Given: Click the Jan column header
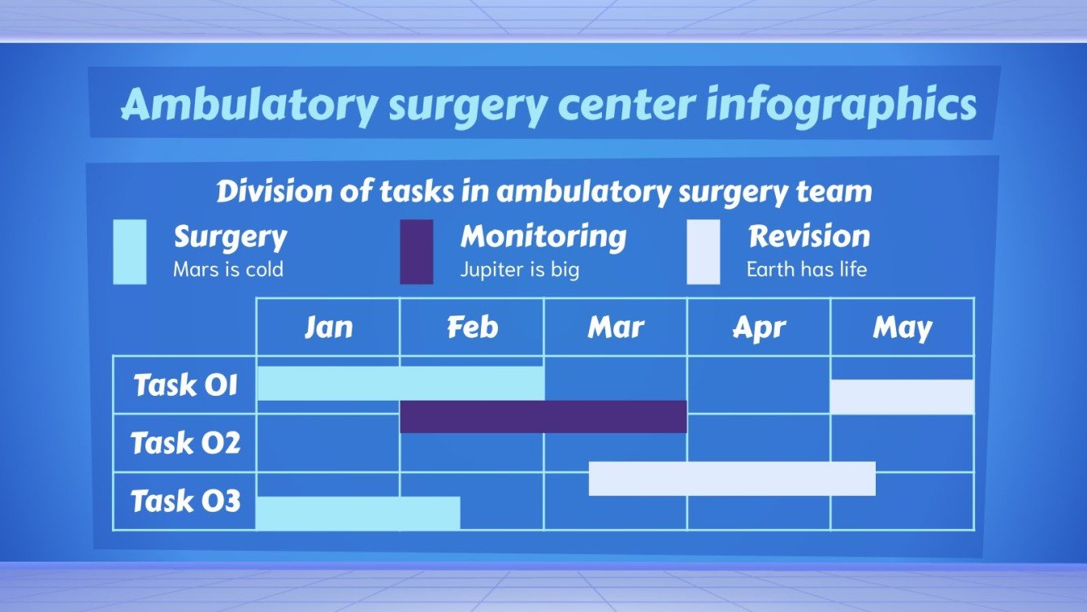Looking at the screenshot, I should [x=328, y=327].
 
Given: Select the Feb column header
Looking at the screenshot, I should [x=472, y=327].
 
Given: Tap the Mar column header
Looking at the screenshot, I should [x=616, y=327].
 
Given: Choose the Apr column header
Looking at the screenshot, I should [x=759, y=327].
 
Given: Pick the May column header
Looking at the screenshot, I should [x=902, y=327].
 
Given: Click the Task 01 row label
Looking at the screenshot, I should [x=185, y=384].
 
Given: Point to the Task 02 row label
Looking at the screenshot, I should [x=185, y=443].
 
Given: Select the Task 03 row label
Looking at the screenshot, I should [x=185, y=501].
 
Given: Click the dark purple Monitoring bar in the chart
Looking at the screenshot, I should [x=543, y=416].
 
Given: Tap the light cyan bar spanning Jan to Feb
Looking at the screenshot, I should [x=401, y=383].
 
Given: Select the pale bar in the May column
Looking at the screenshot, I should [x=902, y=397].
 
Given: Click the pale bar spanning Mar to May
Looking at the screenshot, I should [x=732, y=479].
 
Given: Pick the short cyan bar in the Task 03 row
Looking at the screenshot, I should [x=358, y=513].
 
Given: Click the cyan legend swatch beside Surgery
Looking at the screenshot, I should [x=130, y=252].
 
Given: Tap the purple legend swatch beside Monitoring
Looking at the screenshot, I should [x=416, y=252].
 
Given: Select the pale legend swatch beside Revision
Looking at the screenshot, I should [x=703, y=252].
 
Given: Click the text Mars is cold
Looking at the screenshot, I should [x=228, y=269].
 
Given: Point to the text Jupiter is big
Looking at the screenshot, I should [x=520, y=269].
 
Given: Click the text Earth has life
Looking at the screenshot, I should [x=807, y=269].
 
